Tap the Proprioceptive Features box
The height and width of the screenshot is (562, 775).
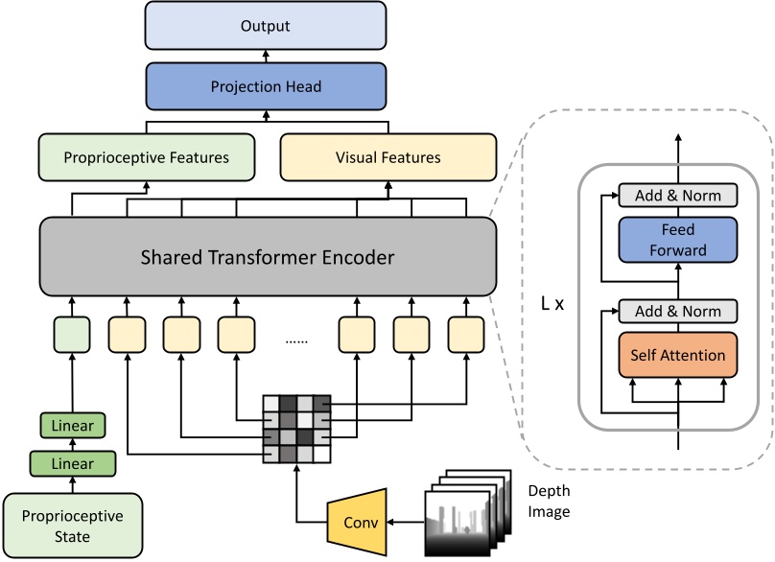click(x=147, y=157)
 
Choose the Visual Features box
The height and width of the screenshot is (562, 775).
click(x=388, y=157)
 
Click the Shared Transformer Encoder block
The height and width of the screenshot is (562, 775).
click(x=268, y=257)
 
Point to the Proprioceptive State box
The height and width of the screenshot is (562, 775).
click(x=73, y=525)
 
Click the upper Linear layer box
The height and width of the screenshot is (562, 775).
click(x=73, y=425)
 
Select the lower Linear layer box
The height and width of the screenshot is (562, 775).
click(x=73, y=464)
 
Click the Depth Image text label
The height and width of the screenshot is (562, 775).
click(x=549, y=501)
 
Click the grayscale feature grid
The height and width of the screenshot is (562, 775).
click(x=296, y=428)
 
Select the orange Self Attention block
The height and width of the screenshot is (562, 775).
click(x=678, y=356)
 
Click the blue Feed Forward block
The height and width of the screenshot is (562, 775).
click(x=678, y=240)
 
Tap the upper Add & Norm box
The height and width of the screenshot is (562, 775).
click(x=678, y=196)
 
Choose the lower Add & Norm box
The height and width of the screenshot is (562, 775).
click(x=678, y=312)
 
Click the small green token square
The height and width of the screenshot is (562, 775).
click(x=72, y=335)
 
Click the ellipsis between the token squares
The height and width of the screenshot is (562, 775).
click(x=298, y=340)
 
